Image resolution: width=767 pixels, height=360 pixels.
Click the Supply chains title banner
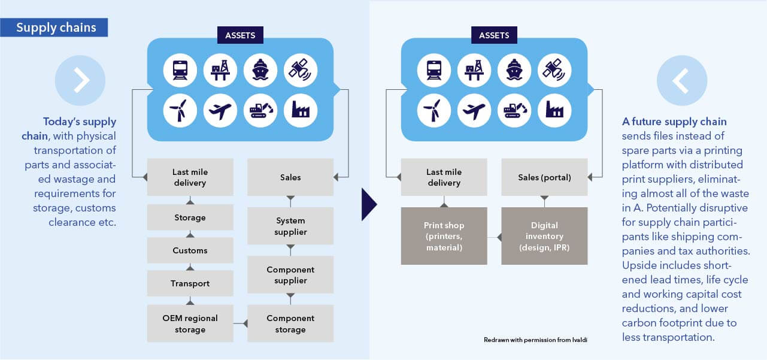(x=56, y=28)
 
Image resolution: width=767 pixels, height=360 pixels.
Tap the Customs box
(x=190, y=250)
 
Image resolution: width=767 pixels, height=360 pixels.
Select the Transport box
(x=190, y=283)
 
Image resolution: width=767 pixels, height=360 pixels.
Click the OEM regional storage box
(x=190, y=323)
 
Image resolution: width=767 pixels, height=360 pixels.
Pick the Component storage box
(x=290, y=323)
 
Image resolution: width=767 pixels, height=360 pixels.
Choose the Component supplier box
(x=290, y=275)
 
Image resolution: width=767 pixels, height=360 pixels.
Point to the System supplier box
(x=290, y=226)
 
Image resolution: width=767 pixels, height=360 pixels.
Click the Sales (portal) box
(x=544, y=177)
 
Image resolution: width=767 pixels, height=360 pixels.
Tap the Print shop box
(x=444, y=236)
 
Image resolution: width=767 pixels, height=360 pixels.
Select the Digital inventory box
(x=544, y=236)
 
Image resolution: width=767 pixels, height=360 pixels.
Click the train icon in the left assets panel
(x=180, y=70)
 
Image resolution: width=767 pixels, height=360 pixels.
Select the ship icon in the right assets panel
(x=514, y=70)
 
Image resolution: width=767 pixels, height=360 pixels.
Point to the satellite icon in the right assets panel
(x=554, y=70)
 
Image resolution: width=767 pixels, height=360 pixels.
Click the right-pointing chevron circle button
(x=80, y=81)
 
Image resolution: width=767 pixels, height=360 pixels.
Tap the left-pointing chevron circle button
(x=682, y=81)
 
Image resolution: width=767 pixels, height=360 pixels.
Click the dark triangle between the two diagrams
(x=369, y=204)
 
